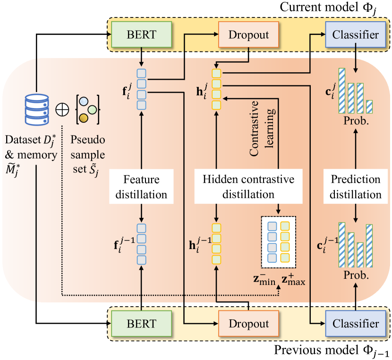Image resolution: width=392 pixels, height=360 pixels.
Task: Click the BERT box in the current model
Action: (140, 35)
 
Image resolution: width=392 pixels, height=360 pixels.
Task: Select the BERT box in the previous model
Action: (140, 324)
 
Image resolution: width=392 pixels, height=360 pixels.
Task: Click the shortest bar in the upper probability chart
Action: (369, 106)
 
